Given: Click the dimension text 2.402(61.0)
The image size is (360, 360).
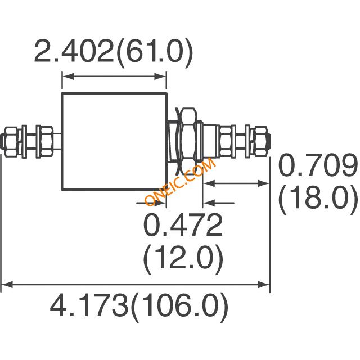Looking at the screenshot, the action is [x=114, y=53].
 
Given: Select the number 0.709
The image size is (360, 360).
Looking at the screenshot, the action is [x=318, y=165].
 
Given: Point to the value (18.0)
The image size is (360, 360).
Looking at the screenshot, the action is [x=318, y=199].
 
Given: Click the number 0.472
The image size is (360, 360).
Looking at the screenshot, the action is [x=183, y=225].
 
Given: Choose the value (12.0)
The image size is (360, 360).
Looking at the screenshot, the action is [x=183, y=259].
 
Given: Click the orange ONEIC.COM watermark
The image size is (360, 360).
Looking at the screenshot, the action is [x=180, y=181].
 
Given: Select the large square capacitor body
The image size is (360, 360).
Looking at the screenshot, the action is [x=114, y=141].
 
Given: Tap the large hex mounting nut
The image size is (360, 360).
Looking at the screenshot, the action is [x=189, y=141].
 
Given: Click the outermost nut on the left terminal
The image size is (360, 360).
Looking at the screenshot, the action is [x=11, y=142].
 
